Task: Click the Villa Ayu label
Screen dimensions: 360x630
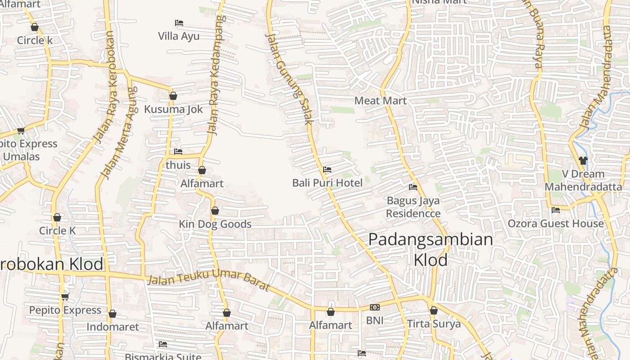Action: point(179,36)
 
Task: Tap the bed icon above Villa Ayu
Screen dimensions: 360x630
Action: point(179,22)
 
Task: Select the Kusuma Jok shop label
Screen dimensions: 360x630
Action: point(173,109)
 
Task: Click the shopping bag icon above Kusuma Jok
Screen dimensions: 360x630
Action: point(173,96)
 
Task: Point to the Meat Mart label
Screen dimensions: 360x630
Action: point(380,101)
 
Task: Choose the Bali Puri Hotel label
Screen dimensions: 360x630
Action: point(327,183)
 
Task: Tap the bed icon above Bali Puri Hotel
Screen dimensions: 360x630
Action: point(327,170)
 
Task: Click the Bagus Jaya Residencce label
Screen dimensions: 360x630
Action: point(413,207)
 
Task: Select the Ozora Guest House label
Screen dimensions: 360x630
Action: point(556,223)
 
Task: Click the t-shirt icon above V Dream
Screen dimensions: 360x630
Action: point(583,160)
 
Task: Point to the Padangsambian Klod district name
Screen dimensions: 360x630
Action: point(431,249)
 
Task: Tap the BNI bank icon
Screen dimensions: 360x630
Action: point(374,307)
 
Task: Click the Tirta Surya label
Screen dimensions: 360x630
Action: point(434,324)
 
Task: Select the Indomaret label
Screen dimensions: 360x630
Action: point(112,327)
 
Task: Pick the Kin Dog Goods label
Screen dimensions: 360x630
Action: point(215,224)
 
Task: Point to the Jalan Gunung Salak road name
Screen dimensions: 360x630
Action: point(289,79)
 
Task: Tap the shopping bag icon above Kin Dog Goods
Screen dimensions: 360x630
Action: point(215,211)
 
